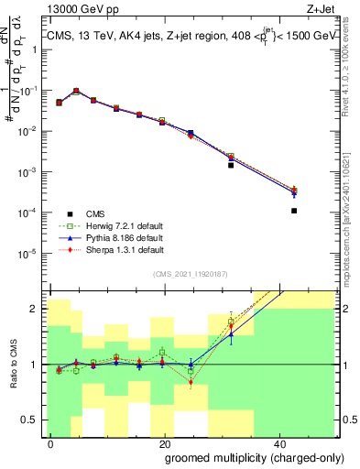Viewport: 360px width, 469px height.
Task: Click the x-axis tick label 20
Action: coord(164,444)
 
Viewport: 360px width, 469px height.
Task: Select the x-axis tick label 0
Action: coord(51,444)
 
